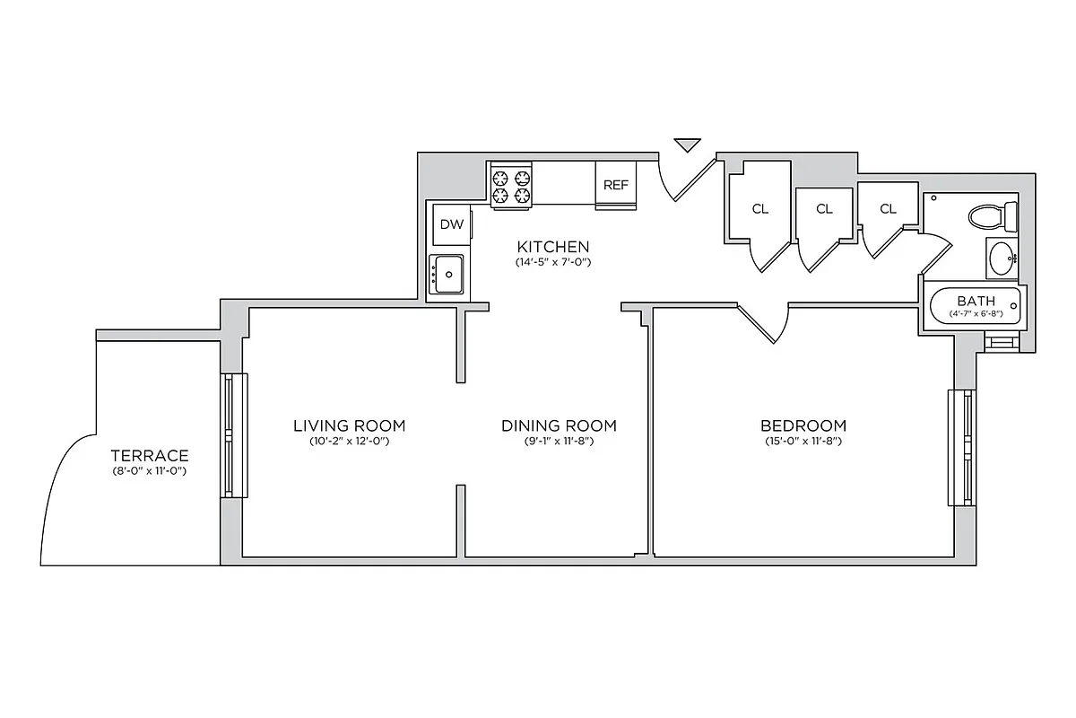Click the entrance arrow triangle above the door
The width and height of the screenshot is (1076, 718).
[688, 144]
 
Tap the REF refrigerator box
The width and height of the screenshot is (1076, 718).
[616, 185]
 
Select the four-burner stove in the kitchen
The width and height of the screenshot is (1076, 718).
[511, 185]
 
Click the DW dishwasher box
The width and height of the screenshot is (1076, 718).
[452, 225]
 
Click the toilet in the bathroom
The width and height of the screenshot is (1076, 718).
[993, 215]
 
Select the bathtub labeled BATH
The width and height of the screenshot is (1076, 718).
[976, 305]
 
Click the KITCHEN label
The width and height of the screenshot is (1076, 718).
[553, 247]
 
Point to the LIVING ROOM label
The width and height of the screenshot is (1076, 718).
[350, 425]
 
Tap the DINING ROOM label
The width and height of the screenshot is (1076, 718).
[559, 425]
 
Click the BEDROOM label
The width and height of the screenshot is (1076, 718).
[803, 425]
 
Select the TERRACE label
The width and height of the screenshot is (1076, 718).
[150, 455]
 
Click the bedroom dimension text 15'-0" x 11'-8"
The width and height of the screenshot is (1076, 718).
[803, 442]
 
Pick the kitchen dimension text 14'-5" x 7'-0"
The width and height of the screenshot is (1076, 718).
[553, 263]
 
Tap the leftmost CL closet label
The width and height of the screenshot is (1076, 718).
[760, 209]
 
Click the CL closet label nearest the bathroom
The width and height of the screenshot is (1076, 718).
[888, 209]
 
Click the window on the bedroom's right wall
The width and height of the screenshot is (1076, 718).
[962, 447]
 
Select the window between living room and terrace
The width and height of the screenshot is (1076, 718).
[233, 435]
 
